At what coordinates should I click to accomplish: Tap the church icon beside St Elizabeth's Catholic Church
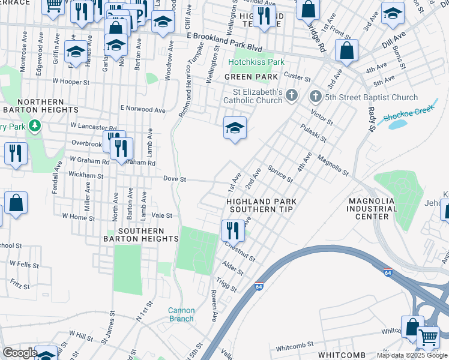click(x=292, y=95)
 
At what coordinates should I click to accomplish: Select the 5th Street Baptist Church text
click(x=372, y=97)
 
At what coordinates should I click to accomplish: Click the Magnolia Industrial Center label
click(x=372, y=209)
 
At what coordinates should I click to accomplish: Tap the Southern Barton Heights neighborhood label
click(x=141, y=235)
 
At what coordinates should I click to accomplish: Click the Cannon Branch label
click(x=181, y=314)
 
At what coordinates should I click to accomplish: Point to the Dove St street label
click(x=175, y=179)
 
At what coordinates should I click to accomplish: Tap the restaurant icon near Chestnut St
click(x=232, y=230)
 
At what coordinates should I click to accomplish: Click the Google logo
click(x=19, y=353)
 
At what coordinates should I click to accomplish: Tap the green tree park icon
click(x=35, y=125)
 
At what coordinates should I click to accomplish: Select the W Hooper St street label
click(x=71, y=80)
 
